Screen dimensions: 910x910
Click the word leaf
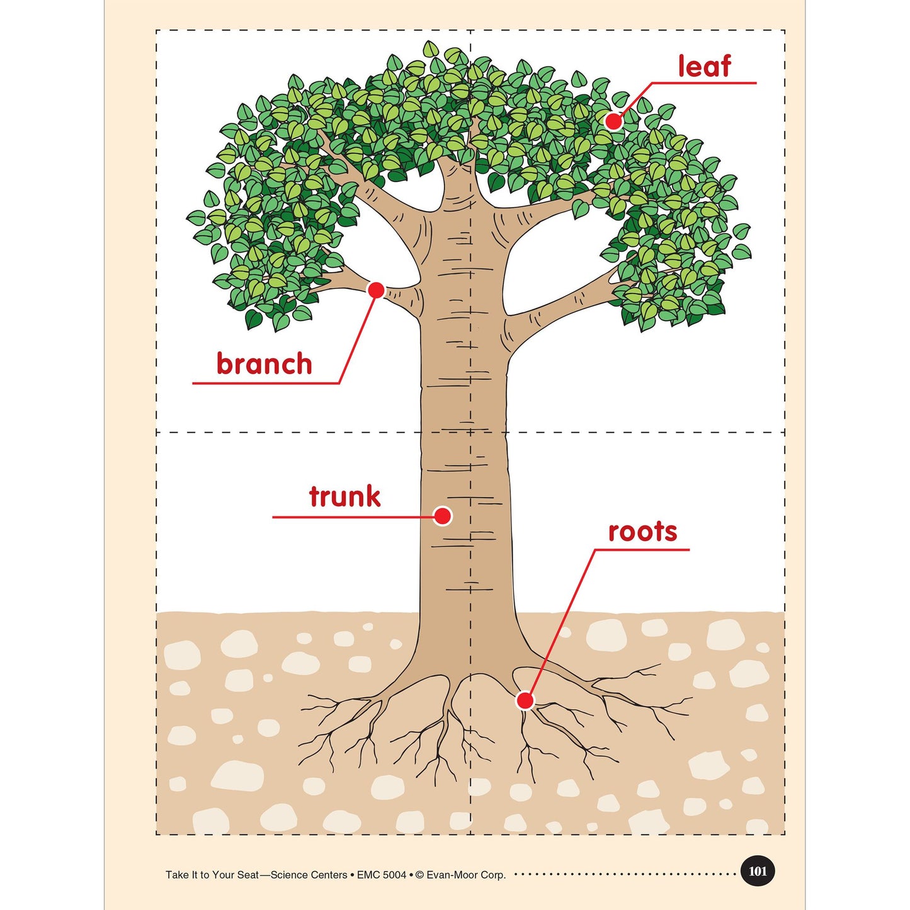coord(704,66)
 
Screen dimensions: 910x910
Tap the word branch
coord(264,363)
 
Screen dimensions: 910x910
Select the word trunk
coord(344,496)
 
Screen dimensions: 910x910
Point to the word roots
coord(642,532)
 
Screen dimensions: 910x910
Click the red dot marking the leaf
coord(613,122)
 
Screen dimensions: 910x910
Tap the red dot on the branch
coord(377,290)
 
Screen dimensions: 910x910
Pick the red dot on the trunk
coord(443,516)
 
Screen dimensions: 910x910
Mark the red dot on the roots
coord(525,700)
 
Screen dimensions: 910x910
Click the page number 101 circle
coord(758,871)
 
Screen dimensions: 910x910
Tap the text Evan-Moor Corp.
coord(466,875)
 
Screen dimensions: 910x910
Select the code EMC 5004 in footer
coord(382,875)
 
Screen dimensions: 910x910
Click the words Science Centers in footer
coord(309,875)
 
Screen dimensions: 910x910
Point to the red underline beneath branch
coord(266,383)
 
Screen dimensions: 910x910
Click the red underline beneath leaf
coord(703,83)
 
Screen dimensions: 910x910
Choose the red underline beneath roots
coord(641,550)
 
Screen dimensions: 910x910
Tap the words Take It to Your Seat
coord(212,875)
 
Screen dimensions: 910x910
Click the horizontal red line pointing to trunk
coord(353,516)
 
